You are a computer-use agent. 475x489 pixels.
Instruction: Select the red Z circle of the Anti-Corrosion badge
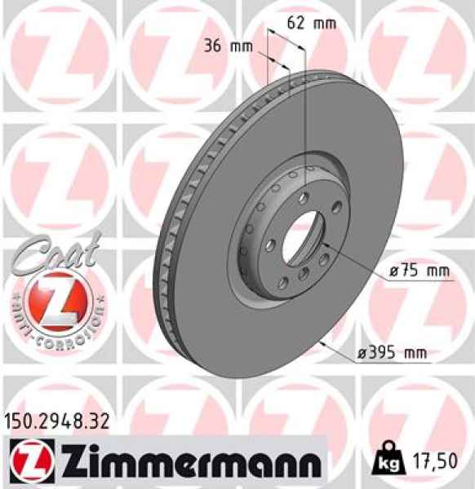click(x=55, y=300)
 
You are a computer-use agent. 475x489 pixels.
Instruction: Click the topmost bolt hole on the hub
click(x=308, y=172)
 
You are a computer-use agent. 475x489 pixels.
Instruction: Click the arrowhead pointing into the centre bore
click(x=325, y=243)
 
